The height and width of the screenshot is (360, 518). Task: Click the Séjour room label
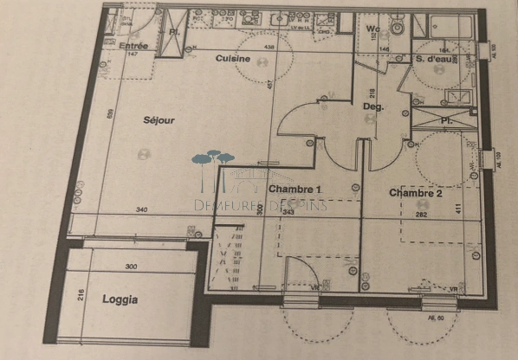[x=159, y=120]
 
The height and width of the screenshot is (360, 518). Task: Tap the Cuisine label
[x=233, y=59]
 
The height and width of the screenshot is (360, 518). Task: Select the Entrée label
[x=133, y=46]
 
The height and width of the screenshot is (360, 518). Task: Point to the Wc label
[x=372, y=29]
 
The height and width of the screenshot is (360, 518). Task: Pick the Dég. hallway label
[x=372, y=106]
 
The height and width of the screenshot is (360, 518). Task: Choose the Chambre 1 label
[x=295, y=189]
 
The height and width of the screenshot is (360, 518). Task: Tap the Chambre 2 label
[x=416, y=192]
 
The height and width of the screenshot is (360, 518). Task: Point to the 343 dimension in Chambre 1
[x=289, y=212]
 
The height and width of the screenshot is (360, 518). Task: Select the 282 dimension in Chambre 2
[x=424, y=213]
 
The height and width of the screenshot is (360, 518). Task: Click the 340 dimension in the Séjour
[x=142, y=210]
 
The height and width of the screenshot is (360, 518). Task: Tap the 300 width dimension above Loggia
[x=132, y=267]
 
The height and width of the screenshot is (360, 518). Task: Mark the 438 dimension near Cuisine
[x=269, y=47]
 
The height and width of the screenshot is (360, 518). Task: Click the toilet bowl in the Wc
[x=396, y=27]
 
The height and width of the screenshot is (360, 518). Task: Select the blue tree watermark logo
[x=213, y=162]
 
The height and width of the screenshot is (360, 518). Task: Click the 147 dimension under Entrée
[x=133, y=55]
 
